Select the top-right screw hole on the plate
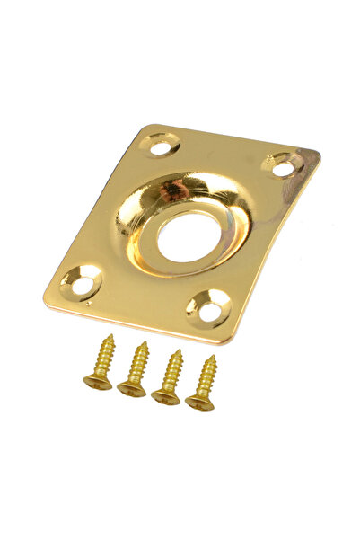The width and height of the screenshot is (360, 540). pyautogui.click(x=282, y=168)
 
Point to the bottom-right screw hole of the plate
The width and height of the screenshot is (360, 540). pyautogui.click(x=209, y=312)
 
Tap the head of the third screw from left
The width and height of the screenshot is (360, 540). pyautogui.click(x=165, y=395)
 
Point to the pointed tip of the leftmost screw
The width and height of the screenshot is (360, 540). pyautogui.click(x=112, y=336)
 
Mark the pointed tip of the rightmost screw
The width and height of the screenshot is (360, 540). pyautogui.click(x=214, y=357)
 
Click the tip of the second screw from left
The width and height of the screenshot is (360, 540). pyautogui.click(x=145, y=342)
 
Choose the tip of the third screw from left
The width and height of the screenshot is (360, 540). pyautogui.click(x=180, y=350)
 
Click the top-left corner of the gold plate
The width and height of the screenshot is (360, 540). pyautogui.click(x=144, y=127)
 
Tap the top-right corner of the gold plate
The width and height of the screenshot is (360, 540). pyautogui.click(x=318, y=154)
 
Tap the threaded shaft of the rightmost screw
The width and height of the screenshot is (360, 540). pyautogui.click(x=207, y=377)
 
